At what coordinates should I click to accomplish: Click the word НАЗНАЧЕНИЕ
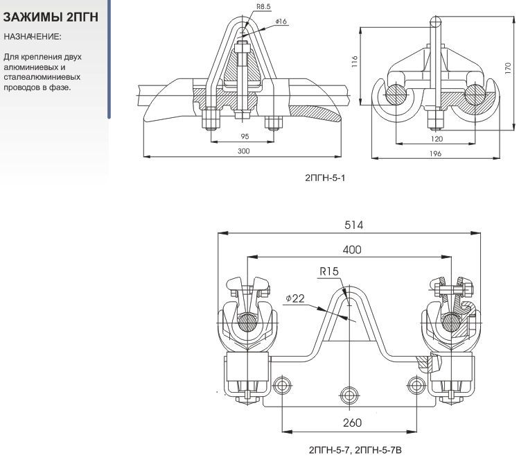32,35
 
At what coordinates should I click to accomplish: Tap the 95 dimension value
245,136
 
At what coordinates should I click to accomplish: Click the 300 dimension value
243,151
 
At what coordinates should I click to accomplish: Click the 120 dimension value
437,139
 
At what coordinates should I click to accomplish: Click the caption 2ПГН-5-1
325,178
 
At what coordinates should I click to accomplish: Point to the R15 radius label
328,271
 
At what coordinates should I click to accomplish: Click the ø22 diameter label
294,298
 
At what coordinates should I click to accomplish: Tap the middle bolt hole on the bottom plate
349,385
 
